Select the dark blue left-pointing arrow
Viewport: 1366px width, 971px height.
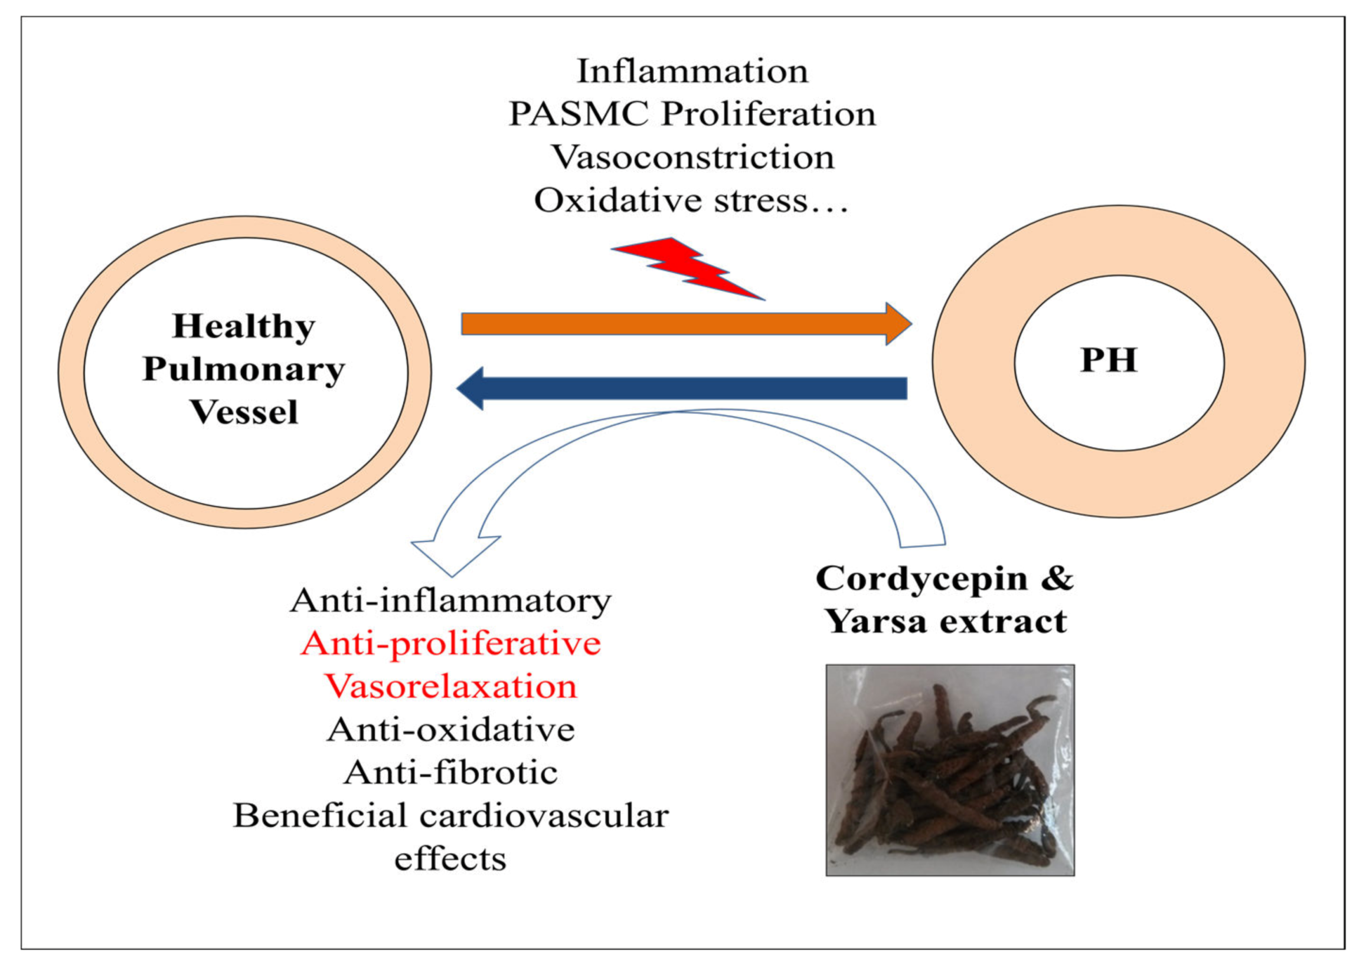682,388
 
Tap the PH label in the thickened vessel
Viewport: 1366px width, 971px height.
1108,360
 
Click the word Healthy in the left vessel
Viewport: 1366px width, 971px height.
244,326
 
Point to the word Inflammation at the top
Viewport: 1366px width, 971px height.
692,71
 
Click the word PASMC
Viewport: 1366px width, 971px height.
578,114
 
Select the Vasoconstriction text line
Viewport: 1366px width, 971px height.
692,157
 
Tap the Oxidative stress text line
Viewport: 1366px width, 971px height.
691,201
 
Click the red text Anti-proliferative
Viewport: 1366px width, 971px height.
450,644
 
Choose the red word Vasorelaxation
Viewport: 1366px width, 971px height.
450,687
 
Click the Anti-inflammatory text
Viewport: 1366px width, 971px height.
450,601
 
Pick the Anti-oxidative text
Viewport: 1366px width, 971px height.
450,730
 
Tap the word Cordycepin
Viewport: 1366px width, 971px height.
921,579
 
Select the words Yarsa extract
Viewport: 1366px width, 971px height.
945,622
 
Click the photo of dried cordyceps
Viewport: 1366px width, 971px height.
950,770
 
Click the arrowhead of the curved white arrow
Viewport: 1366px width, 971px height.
455,553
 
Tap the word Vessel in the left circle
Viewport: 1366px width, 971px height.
244,412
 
